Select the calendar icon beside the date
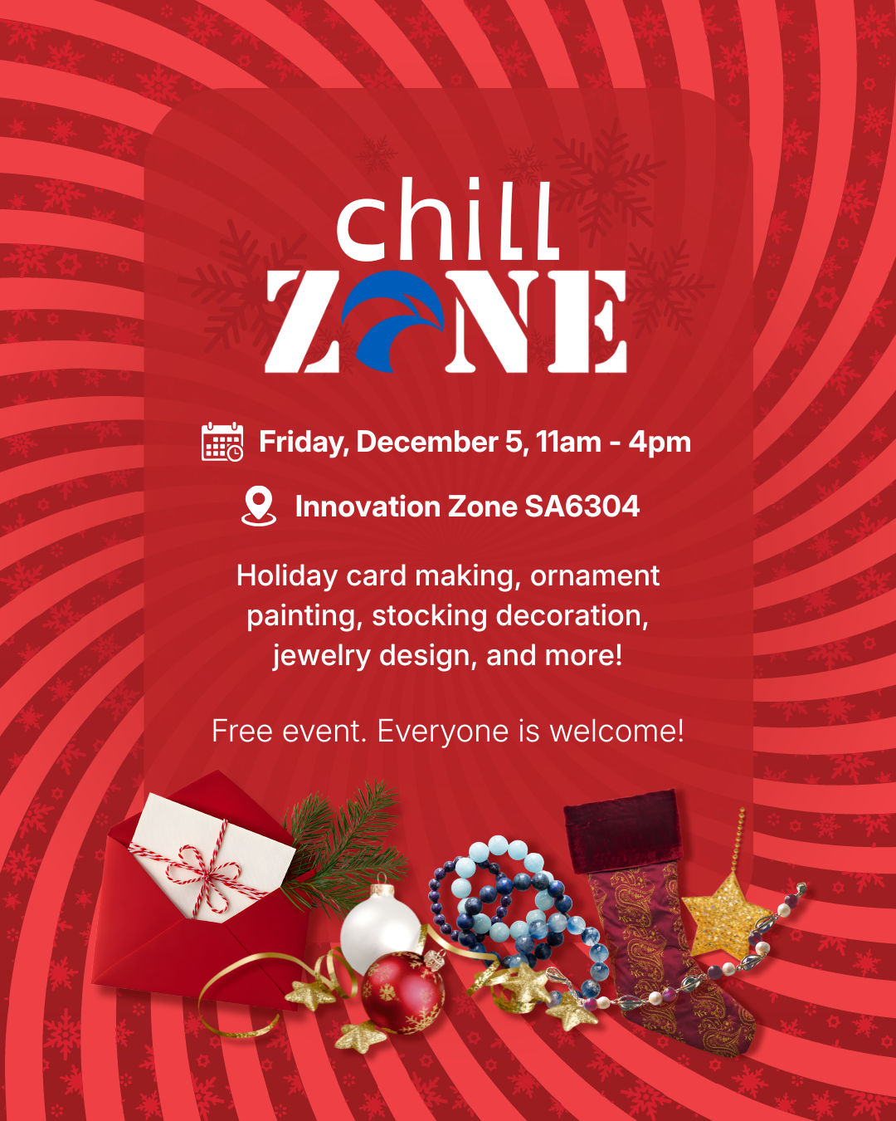(222, 442)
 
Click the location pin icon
(259, 506)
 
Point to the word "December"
(427, 442)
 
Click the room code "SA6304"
(582, 507)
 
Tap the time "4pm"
(660, 443)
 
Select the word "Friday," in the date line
(304, 443)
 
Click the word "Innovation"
(368, 507)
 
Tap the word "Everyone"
(442, 732)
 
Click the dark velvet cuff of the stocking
(622, 832)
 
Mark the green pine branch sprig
(343, 846)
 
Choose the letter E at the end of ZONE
(587, 321)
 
